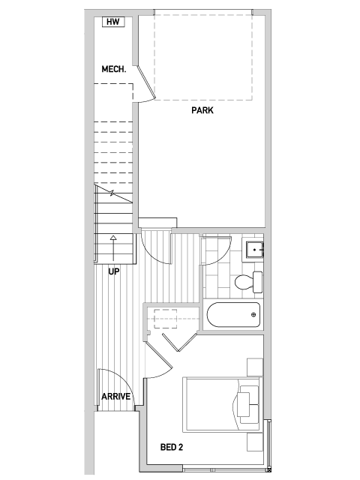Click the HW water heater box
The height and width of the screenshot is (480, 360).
click(113, 22)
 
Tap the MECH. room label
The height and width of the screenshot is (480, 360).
click(114, 69)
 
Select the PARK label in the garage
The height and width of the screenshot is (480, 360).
click(202, 110)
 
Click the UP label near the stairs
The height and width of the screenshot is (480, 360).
click(113, 271)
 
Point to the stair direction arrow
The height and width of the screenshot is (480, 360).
click(113, 248)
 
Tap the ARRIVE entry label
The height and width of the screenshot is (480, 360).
click(116, 397)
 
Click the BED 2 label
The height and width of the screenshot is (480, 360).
click(172, 447)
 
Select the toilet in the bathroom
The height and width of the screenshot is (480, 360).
click(248, 282)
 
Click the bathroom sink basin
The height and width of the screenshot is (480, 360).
click(254, 250)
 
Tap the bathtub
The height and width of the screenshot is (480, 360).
click(233, 315)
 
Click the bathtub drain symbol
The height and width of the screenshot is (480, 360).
click(253, 315)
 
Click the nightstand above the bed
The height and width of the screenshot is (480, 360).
click(255, 367)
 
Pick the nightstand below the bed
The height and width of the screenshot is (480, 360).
click(255, 442)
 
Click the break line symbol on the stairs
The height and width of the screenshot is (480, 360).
click(112, 193)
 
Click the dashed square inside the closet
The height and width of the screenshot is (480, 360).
click(165, 319)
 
